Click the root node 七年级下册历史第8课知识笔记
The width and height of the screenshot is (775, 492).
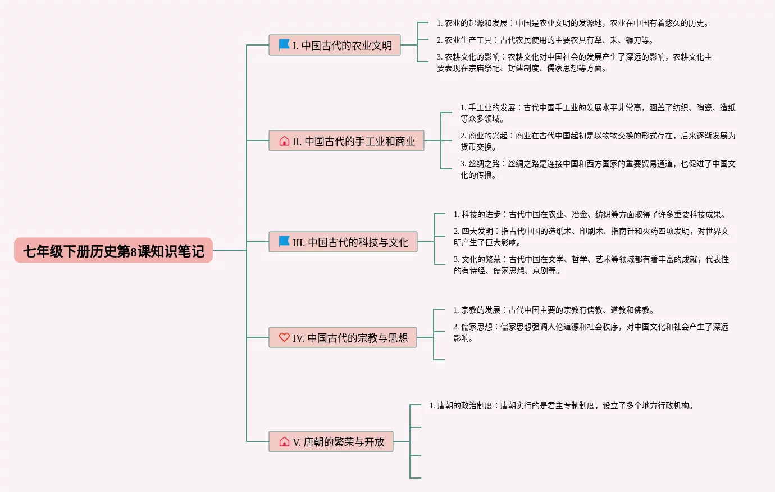click(x=113, y=250)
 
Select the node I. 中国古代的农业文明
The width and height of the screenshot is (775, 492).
click(x=335, y=45)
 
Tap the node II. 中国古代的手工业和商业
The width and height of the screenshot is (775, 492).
click(x=347, y=141)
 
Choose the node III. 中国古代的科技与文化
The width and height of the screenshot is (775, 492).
click(x=343, y=242)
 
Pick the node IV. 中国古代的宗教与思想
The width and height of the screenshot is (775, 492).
click(x=343, y=337)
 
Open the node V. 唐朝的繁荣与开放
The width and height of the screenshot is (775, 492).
click(x=331, y=441)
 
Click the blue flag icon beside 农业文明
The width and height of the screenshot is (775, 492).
click(x=284, y=44)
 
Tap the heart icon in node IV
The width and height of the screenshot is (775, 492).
click(x=284, y=337)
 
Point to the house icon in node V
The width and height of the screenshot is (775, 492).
click(x=284, y=441)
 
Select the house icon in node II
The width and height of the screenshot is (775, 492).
click(x=284, y=141)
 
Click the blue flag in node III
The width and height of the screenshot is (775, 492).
click(x=284, y=241)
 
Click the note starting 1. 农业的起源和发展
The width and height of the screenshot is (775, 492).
click(x=573, y=23)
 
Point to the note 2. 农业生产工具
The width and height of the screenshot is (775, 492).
click(x=545, y=40)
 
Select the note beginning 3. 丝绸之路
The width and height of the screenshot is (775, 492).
click(x=598, y=169)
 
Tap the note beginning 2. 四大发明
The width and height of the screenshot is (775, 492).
click(x=591, y=237)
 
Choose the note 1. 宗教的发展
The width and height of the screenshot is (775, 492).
click(x=554, y=310)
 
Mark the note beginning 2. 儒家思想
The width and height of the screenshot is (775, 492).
click(x=591, y=332)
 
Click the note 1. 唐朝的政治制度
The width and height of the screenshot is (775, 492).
click(x=562, y=405)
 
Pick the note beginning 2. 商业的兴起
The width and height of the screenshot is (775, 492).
click(x=598, y=141)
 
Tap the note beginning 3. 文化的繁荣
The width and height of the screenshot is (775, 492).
click(x=591, y=265)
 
